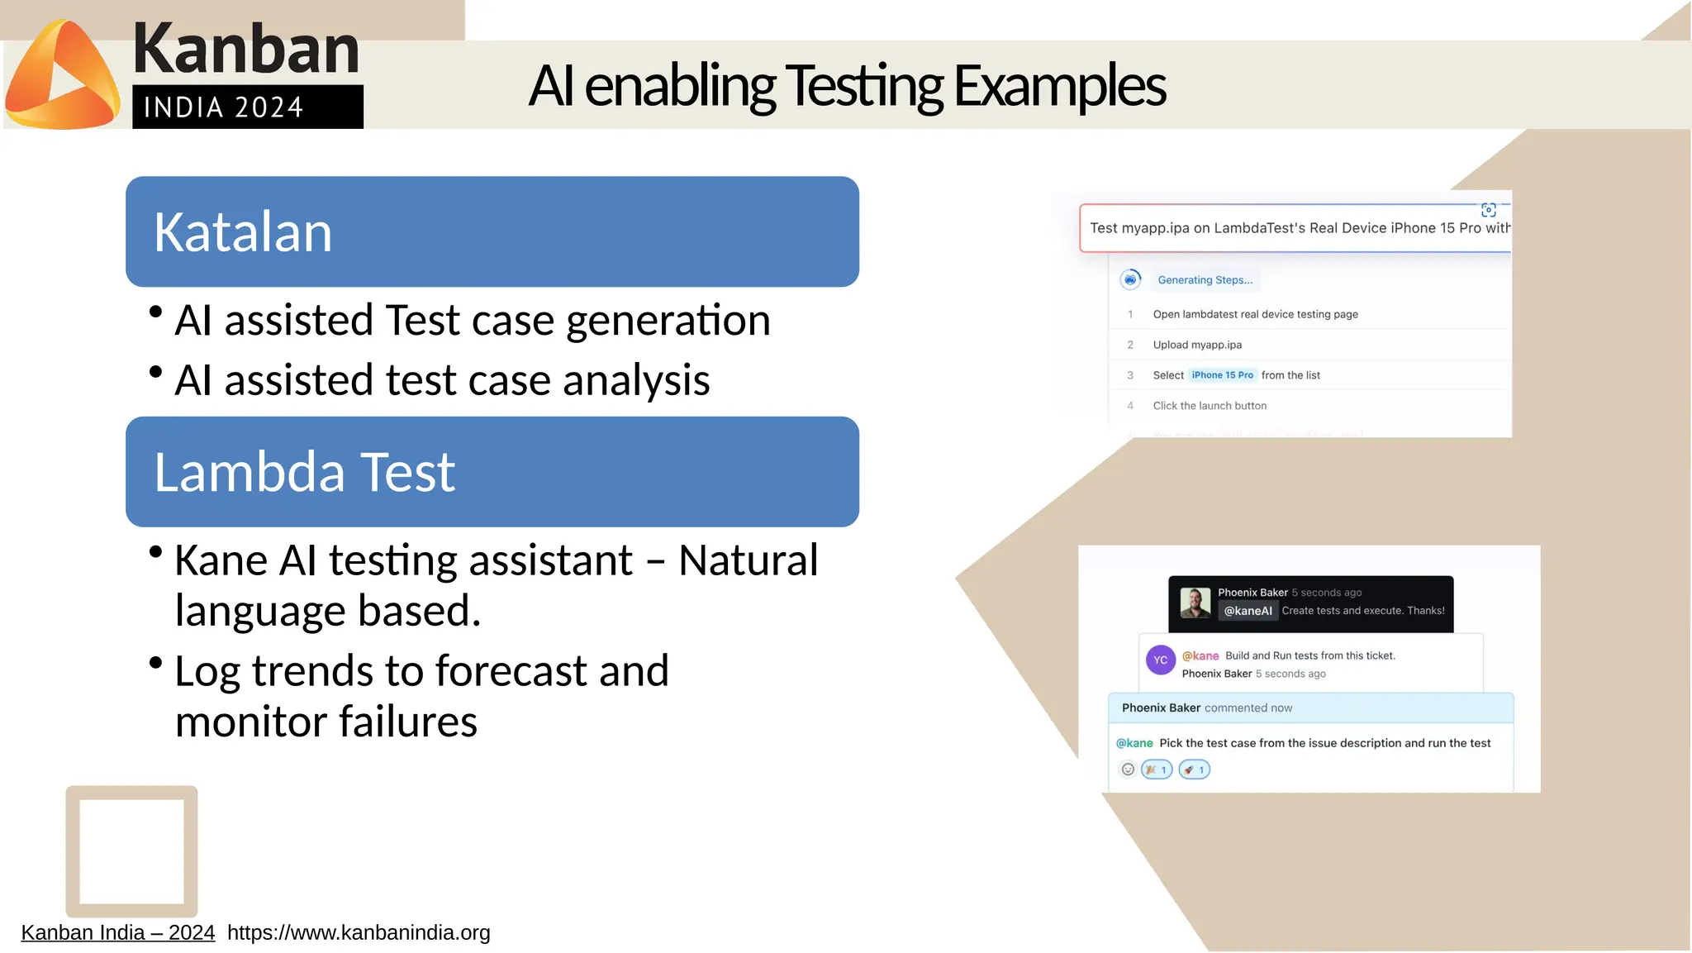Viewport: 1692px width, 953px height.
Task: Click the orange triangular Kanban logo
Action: [62, 76]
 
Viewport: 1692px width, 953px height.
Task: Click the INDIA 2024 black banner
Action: [247, 107]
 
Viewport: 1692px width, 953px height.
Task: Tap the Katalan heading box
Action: [492, 231]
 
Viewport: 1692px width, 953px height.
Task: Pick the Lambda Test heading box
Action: [492, 471]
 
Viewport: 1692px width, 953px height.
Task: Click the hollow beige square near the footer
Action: [131, 851]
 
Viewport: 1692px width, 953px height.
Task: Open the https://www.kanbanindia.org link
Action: [359, 932]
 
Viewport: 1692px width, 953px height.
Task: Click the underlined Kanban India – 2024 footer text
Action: [117, 932]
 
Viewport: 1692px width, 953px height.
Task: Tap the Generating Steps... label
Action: [1205, 280]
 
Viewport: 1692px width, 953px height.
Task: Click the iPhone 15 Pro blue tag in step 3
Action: [1222, 375]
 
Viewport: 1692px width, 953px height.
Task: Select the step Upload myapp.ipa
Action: [1196, 345]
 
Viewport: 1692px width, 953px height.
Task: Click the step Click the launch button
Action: [1209, 406]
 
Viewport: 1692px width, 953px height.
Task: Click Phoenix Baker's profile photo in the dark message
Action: [1195, 603]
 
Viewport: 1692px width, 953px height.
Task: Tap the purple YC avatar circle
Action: [1160, 660]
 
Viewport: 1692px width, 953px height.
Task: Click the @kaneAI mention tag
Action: [1248, 611]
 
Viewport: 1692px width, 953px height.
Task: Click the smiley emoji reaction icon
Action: [1128, 770]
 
